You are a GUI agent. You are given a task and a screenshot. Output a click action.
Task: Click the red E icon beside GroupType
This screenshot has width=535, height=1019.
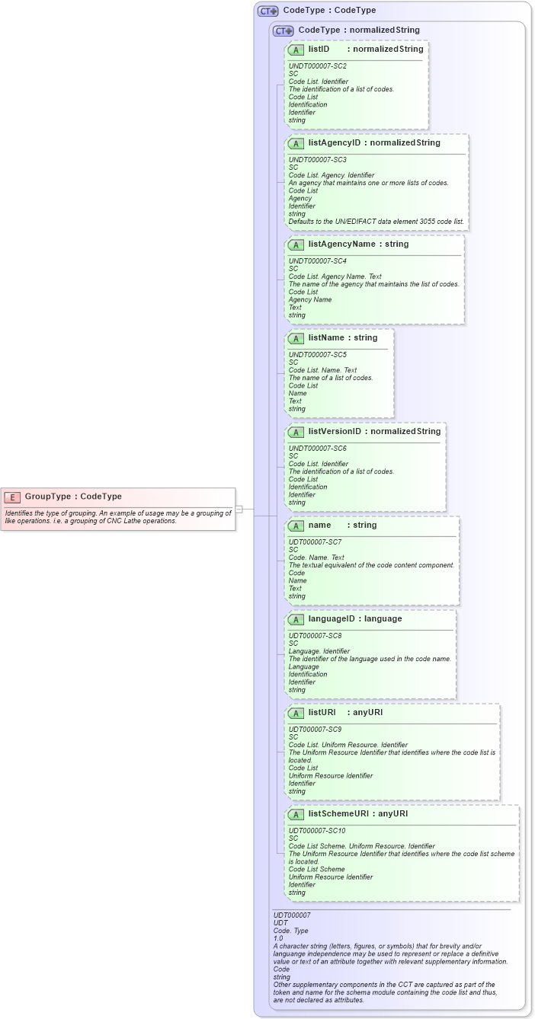click(x=12, y=497)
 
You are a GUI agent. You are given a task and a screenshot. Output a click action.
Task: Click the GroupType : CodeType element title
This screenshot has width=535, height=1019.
click(x=73, y=497)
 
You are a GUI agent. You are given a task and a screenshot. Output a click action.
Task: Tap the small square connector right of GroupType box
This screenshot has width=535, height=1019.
click(x=239, y=509)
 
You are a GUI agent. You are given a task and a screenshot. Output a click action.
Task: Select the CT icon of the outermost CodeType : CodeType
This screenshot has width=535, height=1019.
click(x=267, y=11)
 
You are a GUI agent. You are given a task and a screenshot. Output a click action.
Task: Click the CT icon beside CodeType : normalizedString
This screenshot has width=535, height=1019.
click(x=283, y=30)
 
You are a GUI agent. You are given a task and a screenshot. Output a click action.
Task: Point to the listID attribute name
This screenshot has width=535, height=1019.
click(x=319, y=49)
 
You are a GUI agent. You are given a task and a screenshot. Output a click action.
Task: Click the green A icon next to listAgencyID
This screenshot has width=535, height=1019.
click(x=296, y=143)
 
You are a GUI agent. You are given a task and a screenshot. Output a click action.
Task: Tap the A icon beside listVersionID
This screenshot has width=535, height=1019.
click(x=296, y=432)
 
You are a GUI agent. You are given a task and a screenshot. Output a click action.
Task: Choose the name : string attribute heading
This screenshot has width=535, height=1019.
click(x=342, y=525)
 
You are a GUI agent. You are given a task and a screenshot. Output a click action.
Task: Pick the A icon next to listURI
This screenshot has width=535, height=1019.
click(x=296, y=713)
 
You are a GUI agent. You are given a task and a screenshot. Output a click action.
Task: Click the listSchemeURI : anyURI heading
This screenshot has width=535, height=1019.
click(x=357, y=814)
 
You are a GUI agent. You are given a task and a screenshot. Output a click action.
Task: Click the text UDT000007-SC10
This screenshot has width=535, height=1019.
click(x=317, y=831)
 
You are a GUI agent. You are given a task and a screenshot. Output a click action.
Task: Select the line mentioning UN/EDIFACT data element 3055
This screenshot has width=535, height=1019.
click(x=376, y=222)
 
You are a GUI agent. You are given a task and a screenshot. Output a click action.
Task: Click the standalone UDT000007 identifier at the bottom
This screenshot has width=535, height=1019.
click(x=292, y=915)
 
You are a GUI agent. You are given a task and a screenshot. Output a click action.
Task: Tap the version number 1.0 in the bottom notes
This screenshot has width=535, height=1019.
click(x=278, y=938)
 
